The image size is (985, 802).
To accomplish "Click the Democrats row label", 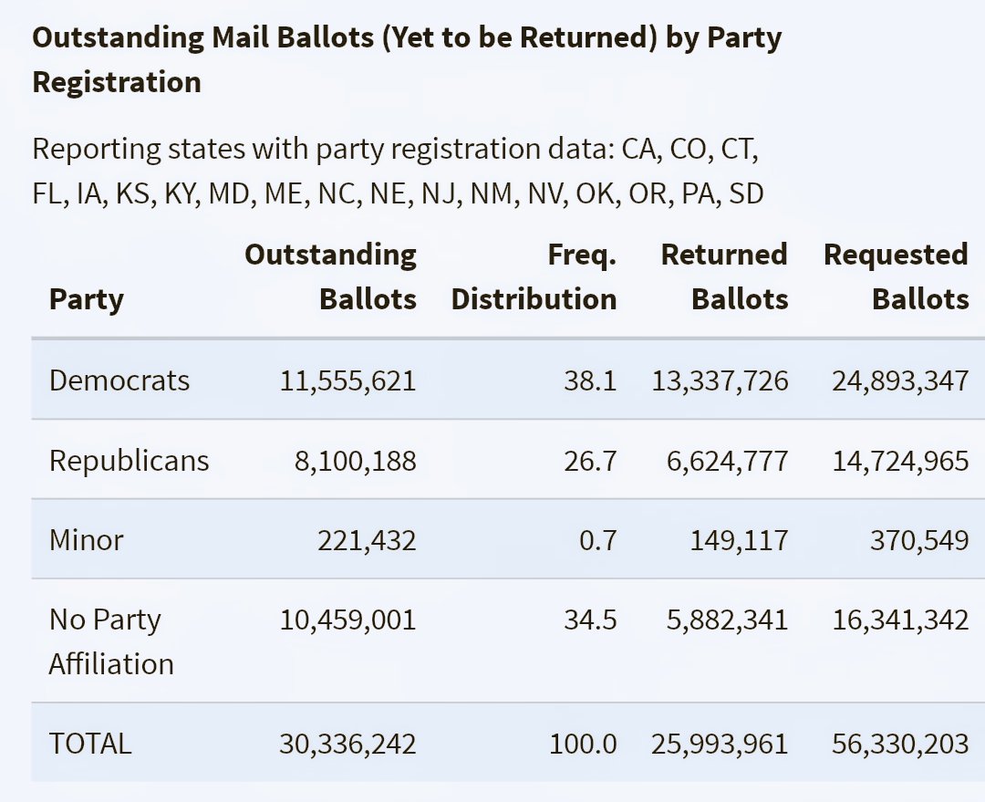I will click(119, 380).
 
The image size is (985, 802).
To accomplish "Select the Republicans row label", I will click(129, 461).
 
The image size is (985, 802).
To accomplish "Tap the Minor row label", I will click(86, 540).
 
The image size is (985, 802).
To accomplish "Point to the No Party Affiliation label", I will click(110, 641).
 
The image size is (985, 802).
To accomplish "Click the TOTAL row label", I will click(90, 744).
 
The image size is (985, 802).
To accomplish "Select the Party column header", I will click(86, 299).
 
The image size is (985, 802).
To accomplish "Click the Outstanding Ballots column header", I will click(330, 276).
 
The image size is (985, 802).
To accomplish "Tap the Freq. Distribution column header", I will click(534, 276).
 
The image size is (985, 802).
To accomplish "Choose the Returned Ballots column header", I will click(723, 276).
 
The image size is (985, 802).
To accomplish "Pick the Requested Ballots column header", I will click(896, 276).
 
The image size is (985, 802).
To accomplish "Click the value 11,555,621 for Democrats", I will click(347, 380).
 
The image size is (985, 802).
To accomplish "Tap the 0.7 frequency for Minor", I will click(597, 540).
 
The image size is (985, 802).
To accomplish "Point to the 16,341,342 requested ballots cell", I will click(900, 620).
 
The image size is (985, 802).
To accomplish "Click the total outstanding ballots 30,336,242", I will click(347, 744).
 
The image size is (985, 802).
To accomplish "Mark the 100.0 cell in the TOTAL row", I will click(583, 744).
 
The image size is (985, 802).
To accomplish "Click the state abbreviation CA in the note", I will click(639, 149).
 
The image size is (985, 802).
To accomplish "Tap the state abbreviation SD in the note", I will click(745, 193).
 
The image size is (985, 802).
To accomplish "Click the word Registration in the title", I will click(117, 82).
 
